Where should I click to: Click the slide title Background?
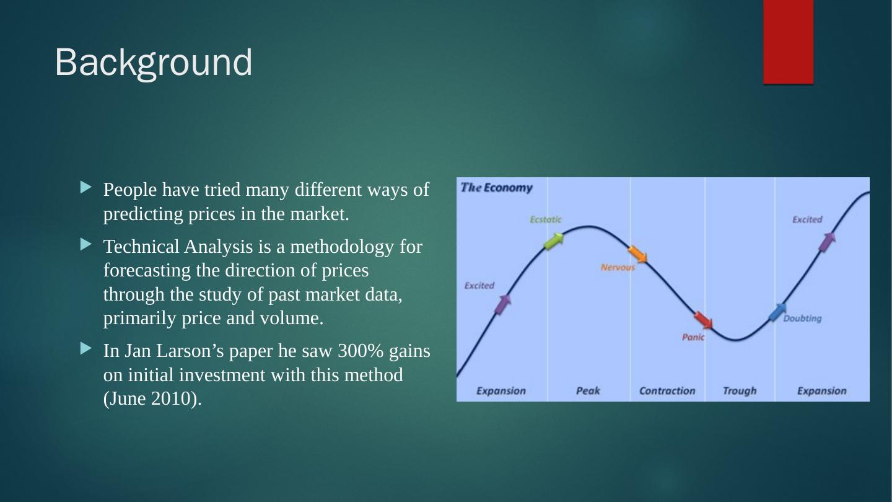coord(154,63)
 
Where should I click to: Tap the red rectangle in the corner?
coord(788,42)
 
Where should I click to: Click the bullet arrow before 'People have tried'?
coord(85,187)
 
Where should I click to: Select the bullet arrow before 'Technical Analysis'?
coord(85,244)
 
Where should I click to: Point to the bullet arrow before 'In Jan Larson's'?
coord(85,348)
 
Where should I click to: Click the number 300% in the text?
coord(361,351)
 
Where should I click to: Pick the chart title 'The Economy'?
coord(496,188)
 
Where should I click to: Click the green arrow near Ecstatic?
coord(554,242)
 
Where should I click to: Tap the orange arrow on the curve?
coord(637,254)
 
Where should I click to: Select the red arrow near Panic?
coord(703,320)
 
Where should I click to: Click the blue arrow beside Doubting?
coord(778,312)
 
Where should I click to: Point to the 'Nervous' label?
coord(618,267)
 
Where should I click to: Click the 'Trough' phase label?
coord(740,391)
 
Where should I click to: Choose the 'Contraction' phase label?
coord(667,391)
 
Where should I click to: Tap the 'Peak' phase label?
coord(588,391)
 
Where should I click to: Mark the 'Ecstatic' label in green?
coord(546,219)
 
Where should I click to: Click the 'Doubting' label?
coord(802,319)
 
